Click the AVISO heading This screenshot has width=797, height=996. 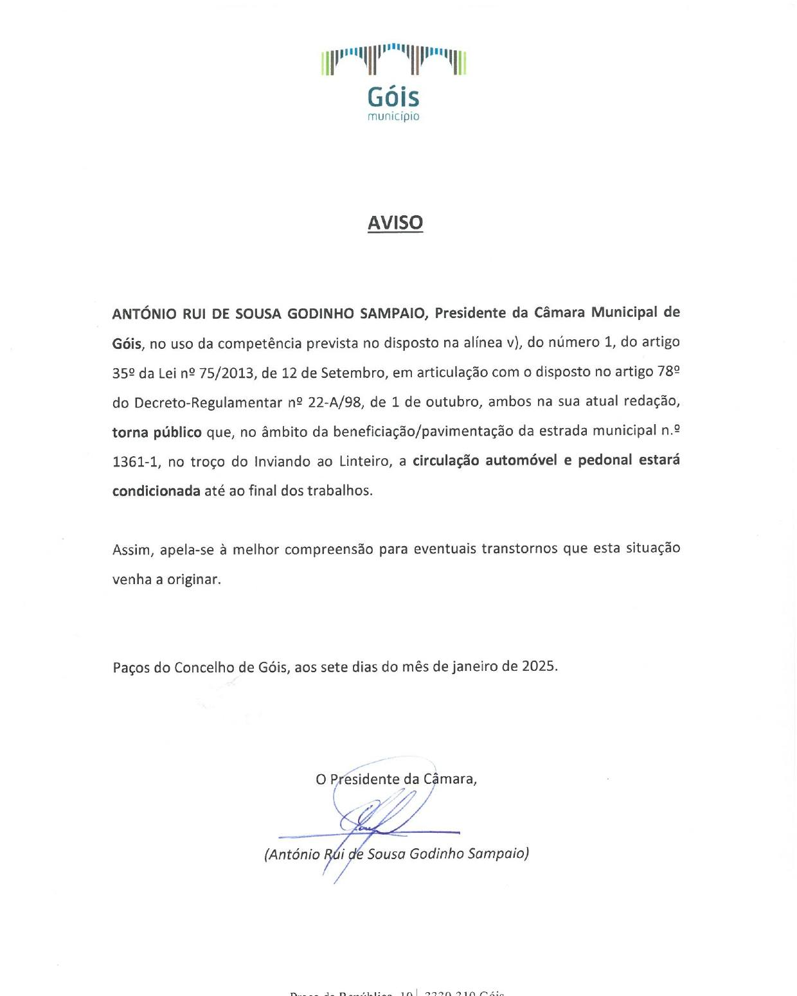click(395, 222)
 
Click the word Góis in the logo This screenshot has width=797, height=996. click(393, 98)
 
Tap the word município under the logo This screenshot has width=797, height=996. click(393, 117)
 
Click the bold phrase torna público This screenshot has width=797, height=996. click(157, 432)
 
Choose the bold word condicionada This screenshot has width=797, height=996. click(156, 492)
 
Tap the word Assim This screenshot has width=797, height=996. click(133, 550)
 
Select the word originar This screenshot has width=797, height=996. click(193, 580)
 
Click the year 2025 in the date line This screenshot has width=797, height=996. click(539, 666)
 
